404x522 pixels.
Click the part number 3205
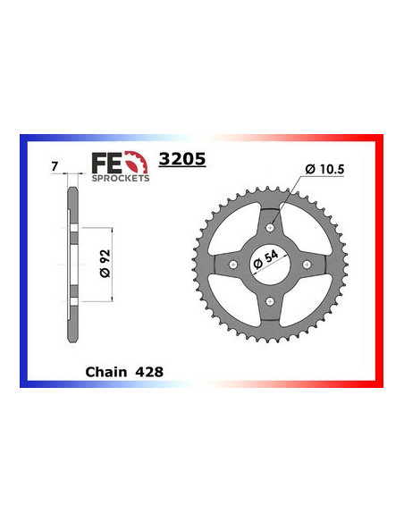click(x=181, y=160)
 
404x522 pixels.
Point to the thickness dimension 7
click(x=55, y=167)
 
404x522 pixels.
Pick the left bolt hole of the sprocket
click(x=234, y=265)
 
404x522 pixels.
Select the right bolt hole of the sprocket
click(x=307, y=265)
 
